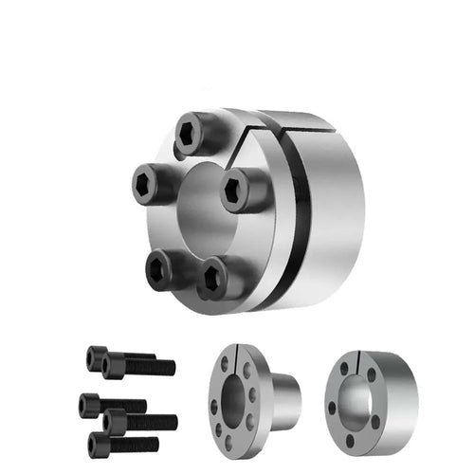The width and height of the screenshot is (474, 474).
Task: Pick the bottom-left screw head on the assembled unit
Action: coord(166,270)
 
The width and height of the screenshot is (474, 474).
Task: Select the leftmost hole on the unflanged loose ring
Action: coord(333,410)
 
